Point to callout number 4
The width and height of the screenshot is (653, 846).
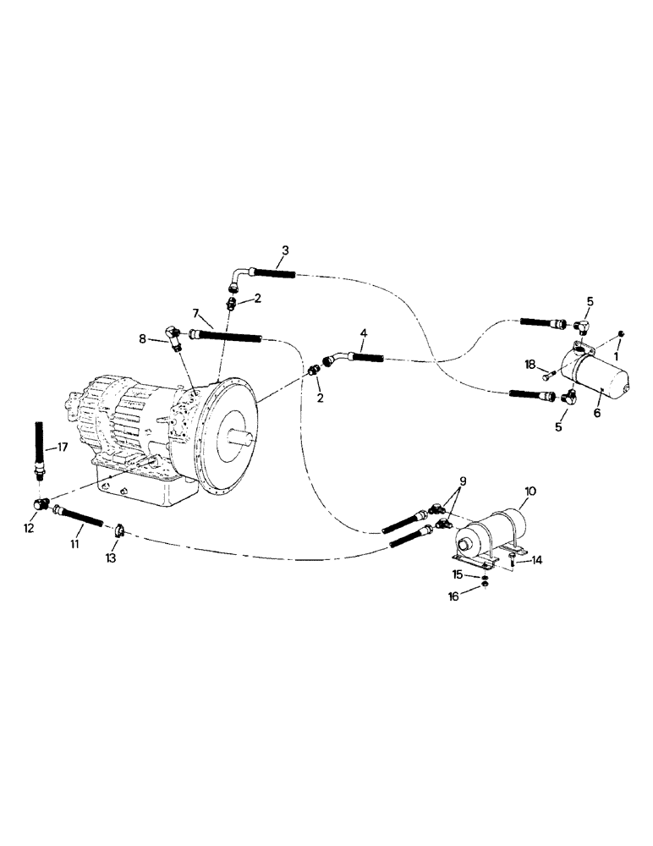(363, 334)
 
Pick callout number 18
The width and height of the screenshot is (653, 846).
(530, 364)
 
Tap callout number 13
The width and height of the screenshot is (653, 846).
(111, 558)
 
